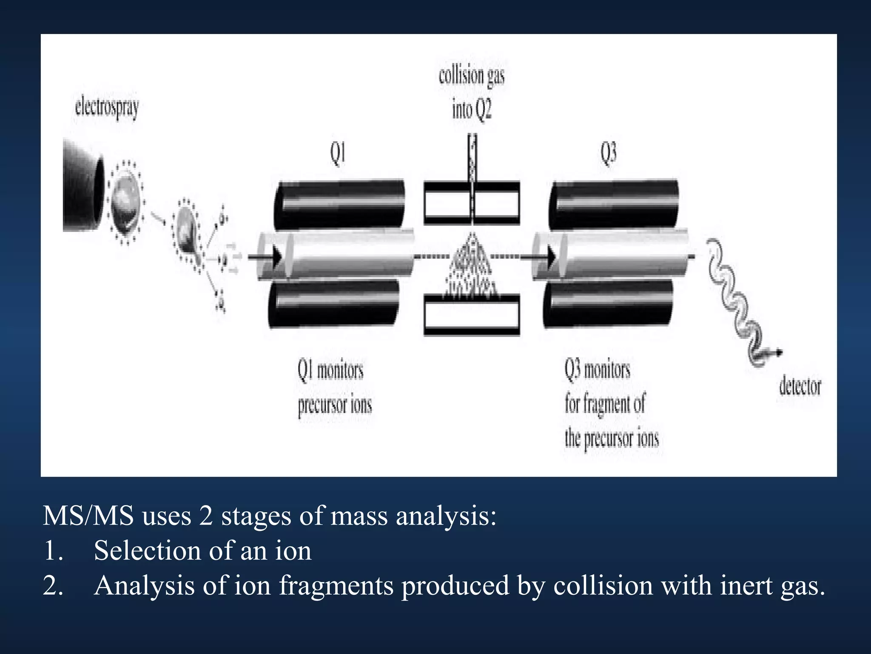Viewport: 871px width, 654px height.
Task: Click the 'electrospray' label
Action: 107,108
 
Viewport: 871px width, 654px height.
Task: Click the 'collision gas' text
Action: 472,77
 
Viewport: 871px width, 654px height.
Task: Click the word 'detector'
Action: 800,386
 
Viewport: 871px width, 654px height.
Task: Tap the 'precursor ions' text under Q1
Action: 335,405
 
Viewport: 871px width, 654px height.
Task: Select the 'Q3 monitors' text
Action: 598,370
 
